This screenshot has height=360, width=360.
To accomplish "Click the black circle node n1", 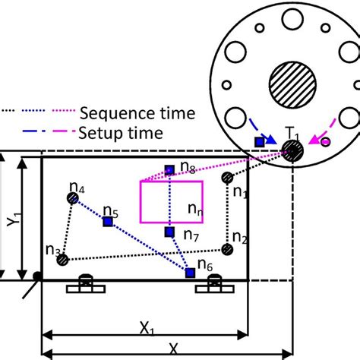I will tap(226, 178).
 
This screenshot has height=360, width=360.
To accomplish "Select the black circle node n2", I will tap(226, 248).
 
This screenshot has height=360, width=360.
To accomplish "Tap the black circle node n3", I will tap(63, 261).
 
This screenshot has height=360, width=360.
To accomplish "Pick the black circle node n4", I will tap(72, 198).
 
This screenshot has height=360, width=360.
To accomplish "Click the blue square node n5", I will tap(108, 221).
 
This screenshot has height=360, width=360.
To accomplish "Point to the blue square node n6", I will tap(190, 273).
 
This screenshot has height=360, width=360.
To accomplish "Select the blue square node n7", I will tap(170, 232).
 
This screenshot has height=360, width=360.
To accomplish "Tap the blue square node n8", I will tap(170, 170).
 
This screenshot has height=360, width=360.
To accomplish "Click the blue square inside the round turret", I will tap(260, 141).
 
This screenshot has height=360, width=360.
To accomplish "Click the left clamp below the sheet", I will tap(85, 286).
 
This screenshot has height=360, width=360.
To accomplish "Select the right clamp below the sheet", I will tap(213, 286).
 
